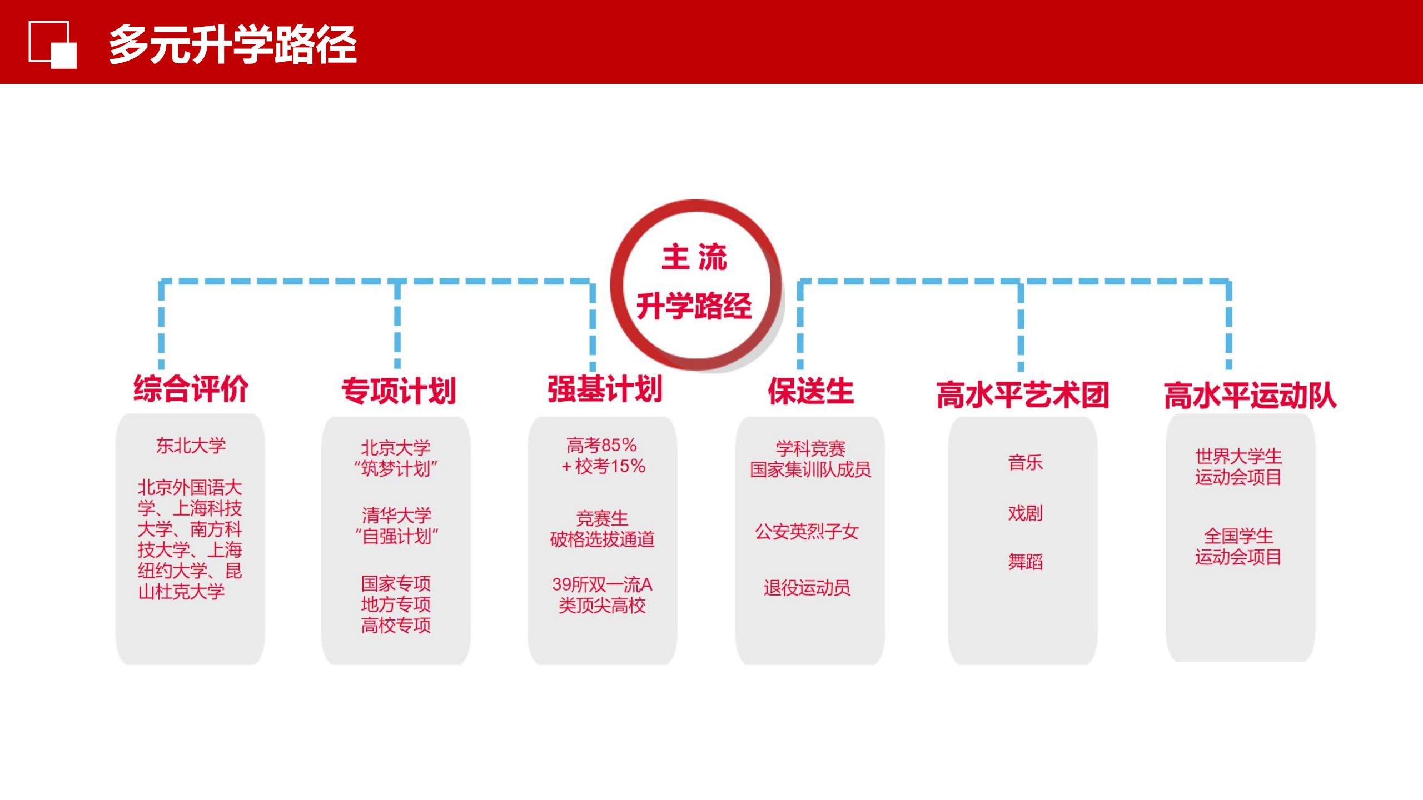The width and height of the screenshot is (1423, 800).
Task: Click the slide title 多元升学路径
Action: [x=232, y=44]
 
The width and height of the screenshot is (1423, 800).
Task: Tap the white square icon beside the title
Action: [x=53, y=45]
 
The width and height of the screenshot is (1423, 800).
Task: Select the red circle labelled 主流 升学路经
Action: [x=696, y=284]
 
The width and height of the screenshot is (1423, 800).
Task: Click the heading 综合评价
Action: [x=191, y=388]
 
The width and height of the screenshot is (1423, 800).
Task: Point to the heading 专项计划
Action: [x=399, y=391]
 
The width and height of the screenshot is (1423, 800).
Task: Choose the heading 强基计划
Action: [x=605, y=388]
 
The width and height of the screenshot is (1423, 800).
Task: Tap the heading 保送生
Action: [x=811, y=391]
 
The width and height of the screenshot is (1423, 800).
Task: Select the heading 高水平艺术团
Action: [x=1023, y=395]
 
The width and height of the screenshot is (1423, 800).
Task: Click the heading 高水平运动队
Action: [x=1250, y=396]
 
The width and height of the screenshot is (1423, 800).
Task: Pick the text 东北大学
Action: [x=191, y=446]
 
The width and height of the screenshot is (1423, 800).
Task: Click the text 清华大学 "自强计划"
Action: [x=396, y=526]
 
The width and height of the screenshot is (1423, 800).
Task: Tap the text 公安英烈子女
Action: [x=807, y=532]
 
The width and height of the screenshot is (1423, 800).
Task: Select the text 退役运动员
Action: [x=807, y=588]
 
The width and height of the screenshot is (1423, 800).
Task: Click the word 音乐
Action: [x=1025, y=462]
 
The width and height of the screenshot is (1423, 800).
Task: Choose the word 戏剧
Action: [x=1025, y=513]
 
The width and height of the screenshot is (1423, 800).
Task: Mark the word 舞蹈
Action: [x=1025, y=562]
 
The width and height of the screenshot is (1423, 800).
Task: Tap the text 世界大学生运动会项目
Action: [x=1238, y=467]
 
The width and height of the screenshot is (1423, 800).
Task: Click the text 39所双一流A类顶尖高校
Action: [x=602, y=595]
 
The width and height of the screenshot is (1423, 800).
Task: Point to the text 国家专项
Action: [x=396, y=583]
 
